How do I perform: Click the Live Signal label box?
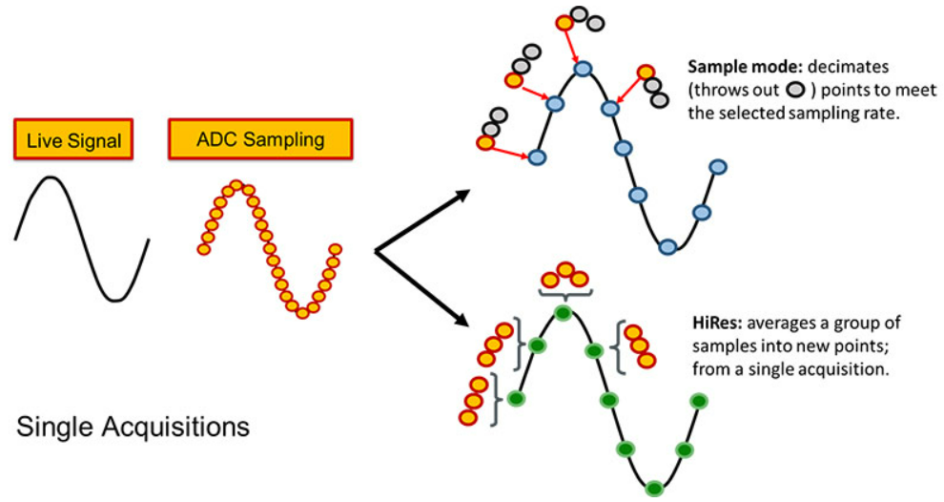pos(73,141)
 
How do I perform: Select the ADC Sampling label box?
pos(260,139)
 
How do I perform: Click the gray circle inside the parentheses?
pos(793,94)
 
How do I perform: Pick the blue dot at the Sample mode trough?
pos(668,246)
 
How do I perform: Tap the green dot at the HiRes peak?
pos(564,312)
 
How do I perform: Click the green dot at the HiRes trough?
pos(653,488)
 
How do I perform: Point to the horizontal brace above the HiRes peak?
pos(564,293)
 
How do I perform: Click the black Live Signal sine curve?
pos(81,234)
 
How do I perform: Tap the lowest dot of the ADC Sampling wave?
pos(303,312)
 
